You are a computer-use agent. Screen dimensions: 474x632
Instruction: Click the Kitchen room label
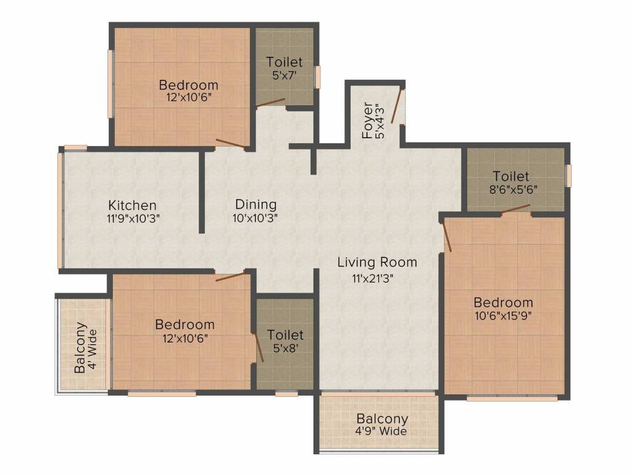click(132, 205)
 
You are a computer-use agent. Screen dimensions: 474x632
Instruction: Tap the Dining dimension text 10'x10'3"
click(256, 217)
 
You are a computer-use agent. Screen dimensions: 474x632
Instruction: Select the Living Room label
click(376, 262)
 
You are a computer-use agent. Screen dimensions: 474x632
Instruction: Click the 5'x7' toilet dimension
click(285, 75)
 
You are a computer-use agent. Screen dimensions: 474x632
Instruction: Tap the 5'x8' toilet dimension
click(285, 348)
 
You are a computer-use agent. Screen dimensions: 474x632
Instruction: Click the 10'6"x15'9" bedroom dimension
click(503, 315)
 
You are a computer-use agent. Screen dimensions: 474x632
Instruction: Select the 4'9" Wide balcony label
click(381, 431)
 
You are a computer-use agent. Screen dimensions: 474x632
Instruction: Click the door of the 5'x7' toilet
click(271, 102)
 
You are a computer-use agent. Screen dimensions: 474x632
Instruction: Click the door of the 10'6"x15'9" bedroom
click(447, 236)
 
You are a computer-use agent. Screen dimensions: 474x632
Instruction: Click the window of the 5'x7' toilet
click(318, 77)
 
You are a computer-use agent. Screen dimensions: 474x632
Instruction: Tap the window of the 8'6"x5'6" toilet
click(569, 175)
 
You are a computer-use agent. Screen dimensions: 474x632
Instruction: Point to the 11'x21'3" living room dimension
click(373, 278)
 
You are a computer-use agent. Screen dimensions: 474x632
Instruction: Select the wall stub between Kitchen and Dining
click(202, 191)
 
